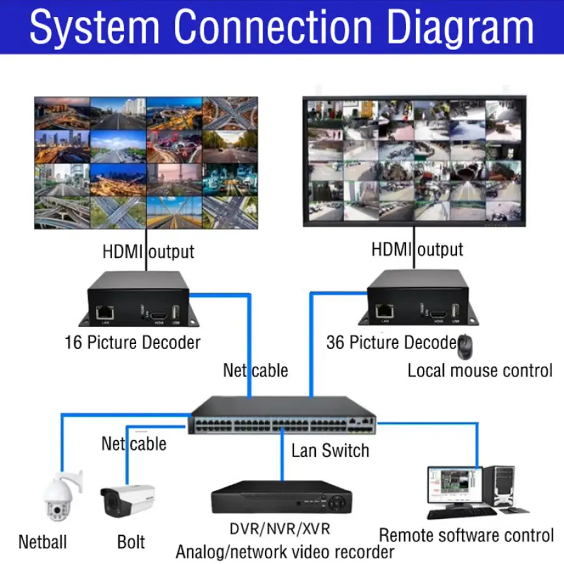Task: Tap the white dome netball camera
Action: tap(61, 496)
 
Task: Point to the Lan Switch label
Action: tap(330, 450)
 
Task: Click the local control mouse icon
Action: tap(465, 345)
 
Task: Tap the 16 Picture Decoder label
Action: tap(132, 343)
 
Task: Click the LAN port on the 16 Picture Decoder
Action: tap(104, 310)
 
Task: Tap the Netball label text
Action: tap(43, 541)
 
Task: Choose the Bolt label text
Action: tap(131, 541)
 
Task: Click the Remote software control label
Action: tap(466, 536)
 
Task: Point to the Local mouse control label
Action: tap(480, 370)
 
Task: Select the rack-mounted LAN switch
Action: tap(283, 417)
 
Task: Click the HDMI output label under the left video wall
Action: tap(149, 252)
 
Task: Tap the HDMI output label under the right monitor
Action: tap(417, 249)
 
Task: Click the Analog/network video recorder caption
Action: tap(285, 552)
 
